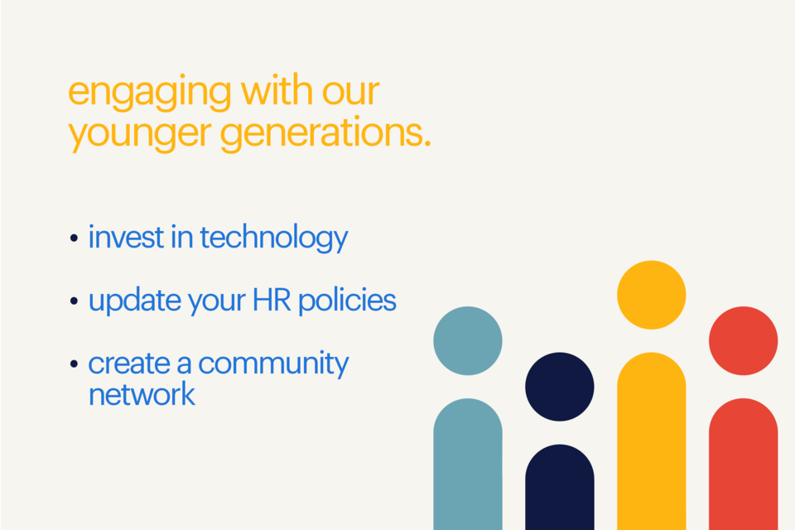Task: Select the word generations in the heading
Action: coord(325,135)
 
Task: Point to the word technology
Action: coord(273,238)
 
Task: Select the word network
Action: coord(142,394)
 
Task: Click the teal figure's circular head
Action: coord(468,340)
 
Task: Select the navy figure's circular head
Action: coord(560,387)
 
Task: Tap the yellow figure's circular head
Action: coord(652,295)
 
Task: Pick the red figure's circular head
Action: coord(744,340)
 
